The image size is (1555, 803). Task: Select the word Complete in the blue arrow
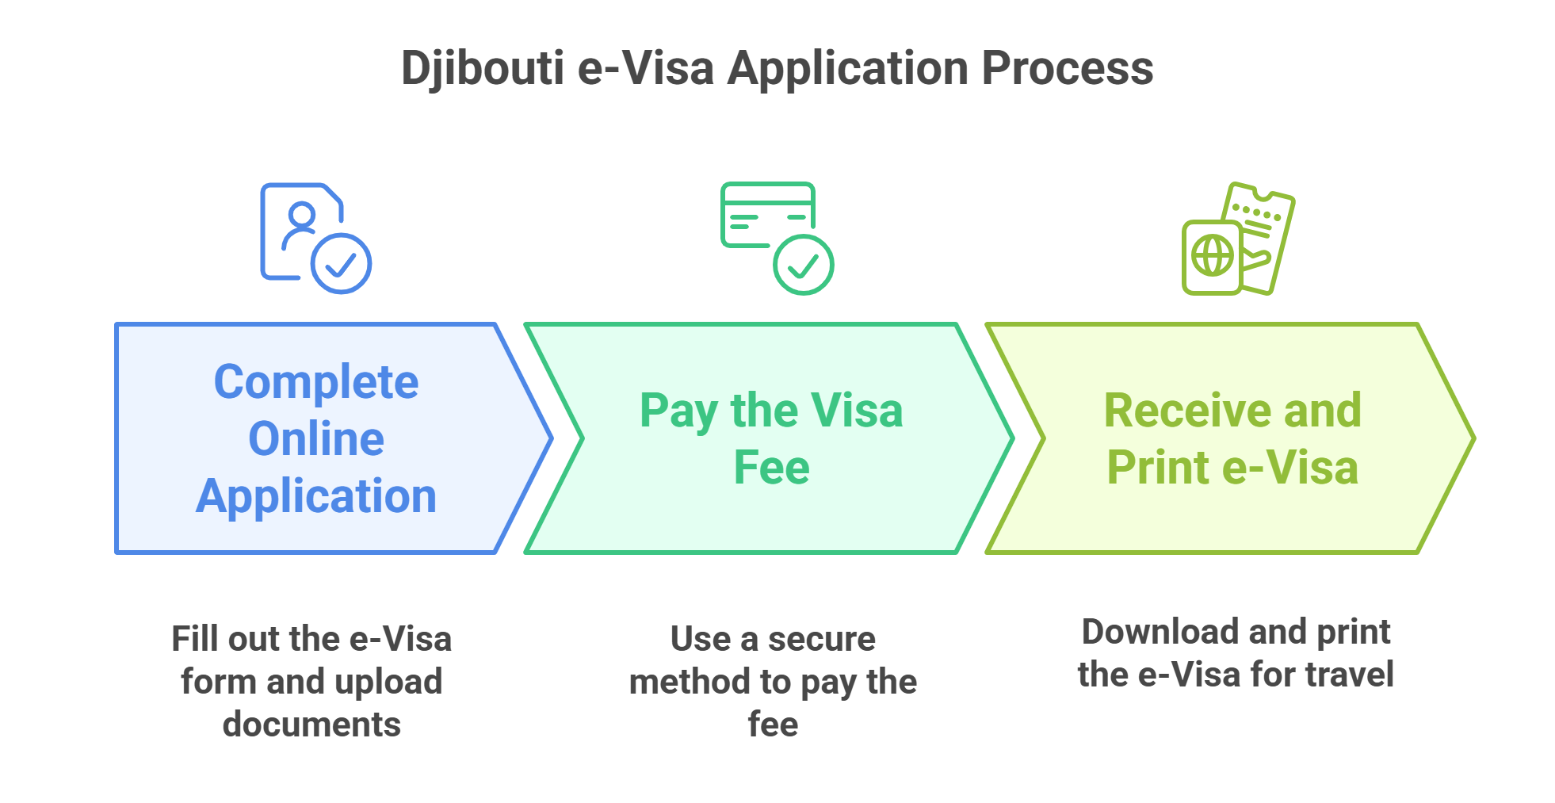tap(316, 382)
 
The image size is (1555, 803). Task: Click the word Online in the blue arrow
tap(316, 439)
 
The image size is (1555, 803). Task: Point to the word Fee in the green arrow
tap(771, 467)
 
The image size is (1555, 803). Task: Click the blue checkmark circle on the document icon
tap(341, 264)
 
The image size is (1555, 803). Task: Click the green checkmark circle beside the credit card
tap(803, 265)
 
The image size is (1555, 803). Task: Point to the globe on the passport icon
tap(1212, 256)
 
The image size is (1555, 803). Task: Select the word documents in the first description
tap(311, 725)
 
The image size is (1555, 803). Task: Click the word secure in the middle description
tap(822, 639)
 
